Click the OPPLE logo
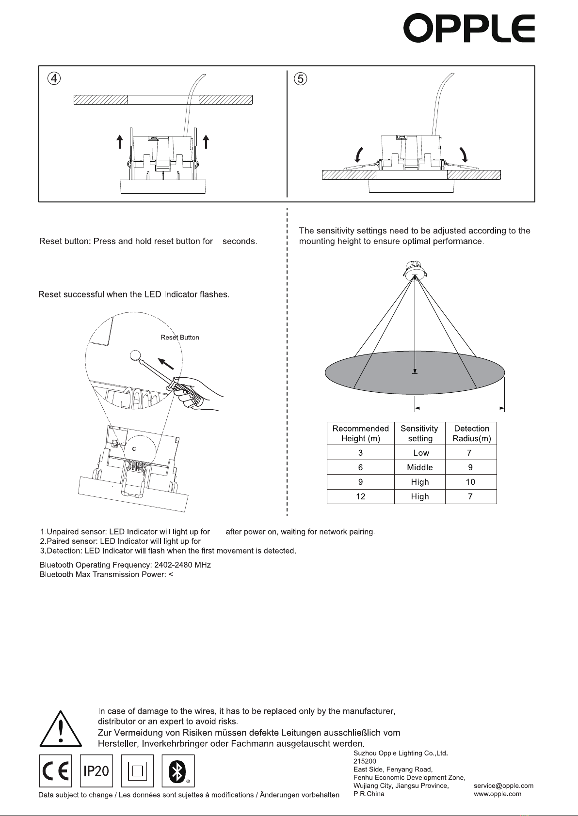point(469,29)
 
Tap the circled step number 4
point(54,78)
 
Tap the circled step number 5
point(301,78)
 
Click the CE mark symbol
point(55,770)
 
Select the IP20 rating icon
point(96,770)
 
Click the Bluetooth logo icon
point(178,770)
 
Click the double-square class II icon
point(137,770)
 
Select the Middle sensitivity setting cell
point(419,467)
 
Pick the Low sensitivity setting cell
point(420,453)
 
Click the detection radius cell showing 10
point(470,482)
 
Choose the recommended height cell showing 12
point(360,496)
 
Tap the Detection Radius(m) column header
point(471,433)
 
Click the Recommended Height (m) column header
point(360,433)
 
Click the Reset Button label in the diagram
point(179,338)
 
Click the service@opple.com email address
point(503,785)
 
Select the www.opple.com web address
point(497,794)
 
